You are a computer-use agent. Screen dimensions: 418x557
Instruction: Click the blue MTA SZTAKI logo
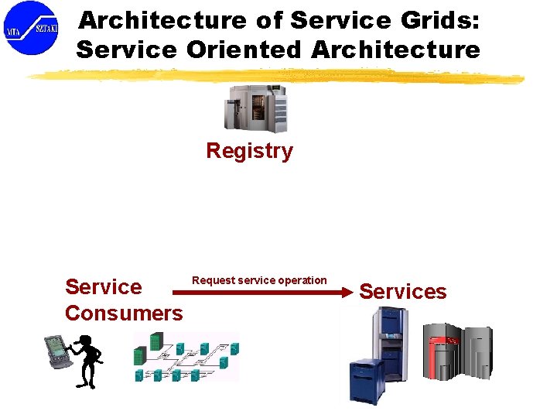click(31, 29)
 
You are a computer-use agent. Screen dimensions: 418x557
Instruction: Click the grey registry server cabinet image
click(255, 108)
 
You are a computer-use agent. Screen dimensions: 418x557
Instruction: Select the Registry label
click(249, 151)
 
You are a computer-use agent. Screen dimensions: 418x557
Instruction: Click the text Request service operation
click(259, 280)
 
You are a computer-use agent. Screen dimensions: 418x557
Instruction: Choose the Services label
click(403, 292)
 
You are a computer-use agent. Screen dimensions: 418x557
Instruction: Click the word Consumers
click(124, 313)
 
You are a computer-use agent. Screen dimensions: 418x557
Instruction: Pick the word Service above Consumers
click(104, 287)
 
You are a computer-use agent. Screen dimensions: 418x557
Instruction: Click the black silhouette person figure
click(85, 360)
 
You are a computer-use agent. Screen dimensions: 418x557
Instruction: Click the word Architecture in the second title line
click(395, 50)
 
